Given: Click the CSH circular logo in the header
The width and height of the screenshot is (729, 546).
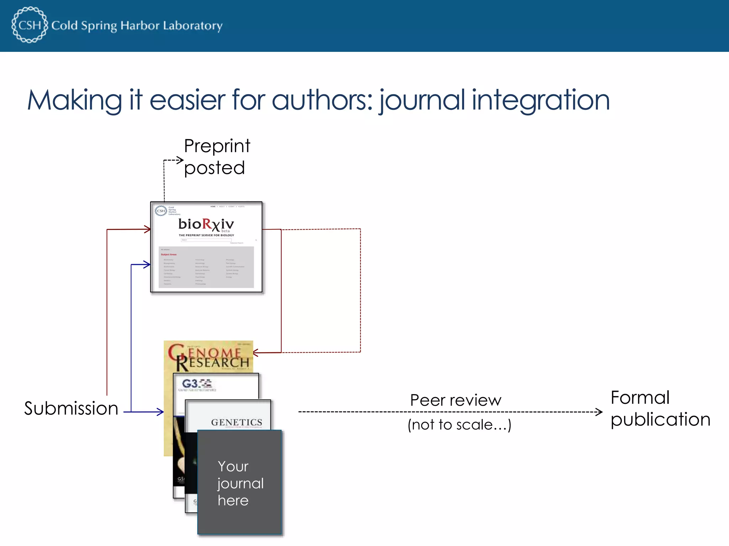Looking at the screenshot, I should [x=30, y=25].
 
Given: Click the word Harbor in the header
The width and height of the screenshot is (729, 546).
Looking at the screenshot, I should [x=140, y=26].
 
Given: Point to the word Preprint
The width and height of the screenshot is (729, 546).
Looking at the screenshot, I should [x=217, y=146].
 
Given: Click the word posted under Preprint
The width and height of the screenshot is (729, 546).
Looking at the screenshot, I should [x=214, y=168].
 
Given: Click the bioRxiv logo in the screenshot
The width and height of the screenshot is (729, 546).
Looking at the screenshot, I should [x=206, y=225].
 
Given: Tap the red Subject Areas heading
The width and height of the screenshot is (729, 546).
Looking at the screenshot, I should [x=169, y=255].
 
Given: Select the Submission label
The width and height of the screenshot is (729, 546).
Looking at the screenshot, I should [x=71, y=408].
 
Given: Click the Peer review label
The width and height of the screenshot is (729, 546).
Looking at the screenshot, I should [x=456, y=400].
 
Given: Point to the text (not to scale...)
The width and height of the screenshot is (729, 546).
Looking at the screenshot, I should [x=459, y=425].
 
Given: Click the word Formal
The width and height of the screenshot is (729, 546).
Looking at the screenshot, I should [x=640, y=397].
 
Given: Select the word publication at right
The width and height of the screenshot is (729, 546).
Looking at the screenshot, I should [x=660, y=419].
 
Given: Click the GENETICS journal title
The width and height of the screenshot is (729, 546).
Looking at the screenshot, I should [x=236, y=422].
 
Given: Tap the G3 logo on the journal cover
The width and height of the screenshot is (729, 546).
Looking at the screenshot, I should [x=196, y=384].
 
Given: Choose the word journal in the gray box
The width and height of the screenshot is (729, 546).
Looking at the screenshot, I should [x=241, y=484].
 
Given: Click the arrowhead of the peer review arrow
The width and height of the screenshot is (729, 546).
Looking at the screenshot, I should [x=599, y=412].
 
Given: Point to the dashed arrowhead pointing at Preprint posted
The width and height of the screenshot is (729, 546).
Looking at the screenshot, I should [x=180, y=160].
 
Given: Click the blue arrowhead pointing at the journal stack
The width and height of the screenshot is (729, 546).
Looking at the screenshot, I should [x=161, y=412].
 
